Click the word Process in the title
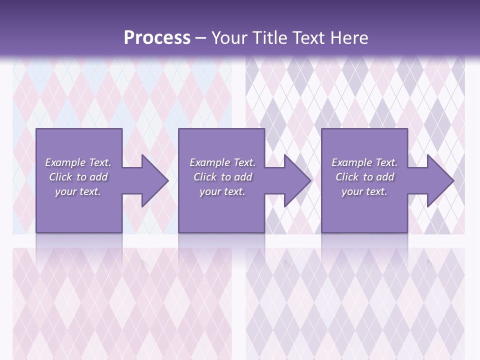[157, 38]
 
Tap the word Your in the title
[228, 38]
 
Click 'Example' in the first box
[65, 162]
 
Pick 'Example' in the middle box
[209, 162]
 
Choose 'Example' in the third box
[351, 162]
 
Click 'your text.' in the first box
[78, 191]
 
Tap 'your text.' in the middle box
[222, 191]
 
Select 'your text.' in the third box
[364, 191]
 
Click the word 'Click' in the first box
[60, 177]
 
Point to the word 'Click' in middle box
[205, 177]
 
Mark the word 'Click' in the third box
[347, 177]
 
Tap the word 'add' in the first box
[99, 177]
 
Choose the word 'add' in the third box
[385, 177]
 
